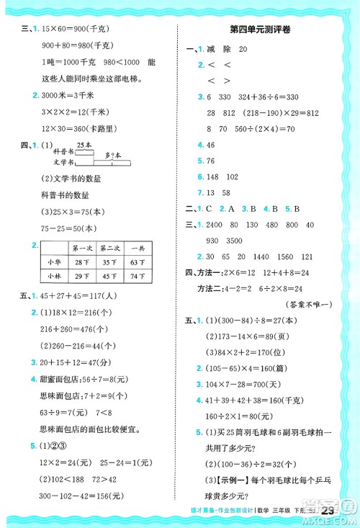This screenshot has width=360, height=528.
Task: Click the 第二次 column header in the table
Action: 109,248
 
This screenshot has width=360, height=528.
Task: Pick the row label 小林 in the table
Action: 55,275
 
